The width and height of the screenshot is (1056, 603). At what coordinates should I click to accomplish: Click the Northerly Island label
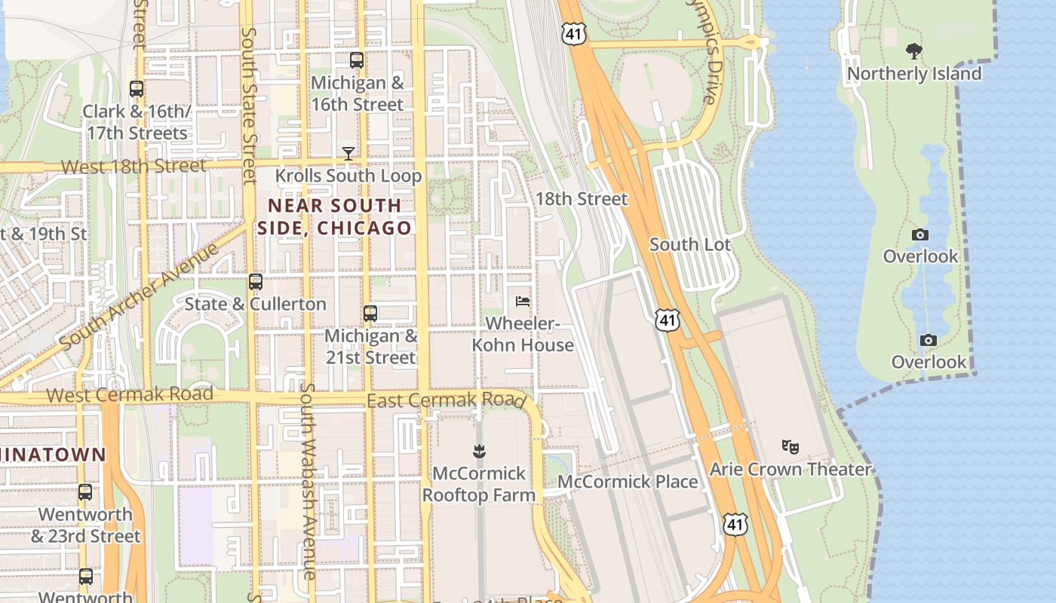(x=914, y=74)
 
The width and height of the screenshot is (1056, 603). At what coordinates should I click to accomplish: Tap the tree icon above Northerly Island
(x=914, y=51)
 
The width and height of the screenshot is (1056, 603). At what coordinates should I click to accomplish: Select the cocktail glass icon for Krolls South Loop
(x=348, y=154)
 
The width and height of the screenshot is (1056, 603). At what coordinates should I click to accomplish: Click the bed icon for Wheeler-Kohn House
(x=522, y=301)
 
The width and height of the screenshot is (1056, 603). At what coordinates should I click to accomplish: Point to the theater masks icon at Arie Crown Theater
(x=790, y=446)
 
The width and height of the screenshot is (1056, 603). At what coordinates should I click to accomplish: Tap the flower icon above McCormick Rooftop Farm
(x=478, y=451)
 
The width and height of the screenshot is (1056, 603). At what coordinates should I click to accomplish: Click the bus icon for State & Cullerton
(x=256, y=282)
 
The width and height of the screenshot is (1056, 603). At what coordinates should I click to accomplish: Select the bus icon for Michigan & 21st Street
(x=370, y=313)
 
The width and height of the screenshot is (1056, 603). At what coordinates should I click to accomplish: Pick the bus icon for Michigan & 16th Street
(x=357, y=60)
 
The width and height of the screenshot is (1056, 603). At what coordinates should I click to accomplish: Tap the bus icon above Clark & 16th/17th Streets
(x=137, y=89)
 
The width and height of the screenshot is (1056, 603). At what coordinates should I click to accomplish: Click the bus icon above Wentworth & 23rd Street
(x=85, y=492)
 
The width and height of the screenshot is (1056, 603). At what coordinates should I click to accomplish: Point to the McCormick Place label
(x=628, y=482)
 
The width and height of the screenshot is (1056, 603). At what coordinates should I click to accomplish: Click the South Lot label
(x=690, y=244)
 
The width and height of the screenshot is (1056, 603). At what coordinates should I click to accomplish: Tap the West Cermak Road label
(x=129, y=394)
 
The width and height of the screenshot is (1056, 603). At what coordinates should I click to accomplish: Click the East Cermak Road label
(x=446, y=399)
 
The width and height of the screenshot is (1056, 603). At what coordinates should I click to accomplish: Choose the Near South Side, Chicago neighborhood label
(x=335, y=216)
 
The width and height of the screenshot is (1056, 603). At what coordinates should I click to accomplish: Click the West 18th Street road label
(x=133, y=166)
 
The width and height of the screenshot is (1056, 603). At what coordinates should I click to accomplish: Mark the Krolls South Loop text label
(x=348, y=176)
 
